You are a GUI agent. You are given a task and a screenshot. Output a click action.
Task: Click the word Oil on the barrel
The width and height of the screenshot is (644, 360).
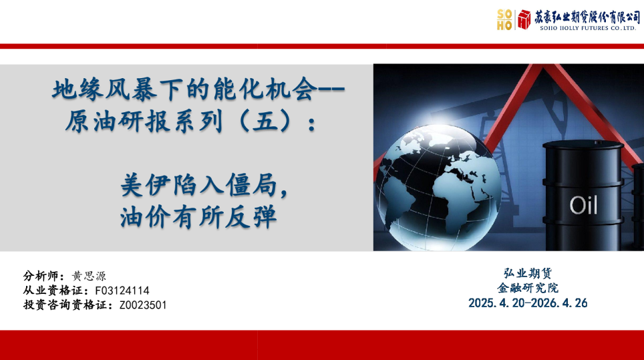click(x=583, y=205)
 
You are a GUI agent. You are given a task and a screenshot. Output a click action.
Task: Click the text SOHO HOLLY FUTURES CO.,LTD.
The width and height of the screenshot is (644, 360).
click(x=588, y=29)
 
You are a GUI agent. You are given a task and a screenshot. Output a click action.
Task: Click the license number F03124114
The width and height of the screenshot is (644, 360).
click(x=122, y=291)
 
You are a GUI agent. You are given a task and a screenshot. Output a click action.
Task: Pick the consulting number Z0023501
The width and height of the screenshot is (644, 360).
click(x=143, y=305)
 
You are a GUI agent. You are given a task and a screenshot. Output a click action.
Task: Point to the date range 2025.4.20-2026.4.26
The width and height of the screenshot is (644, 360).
click(x=528, y=303)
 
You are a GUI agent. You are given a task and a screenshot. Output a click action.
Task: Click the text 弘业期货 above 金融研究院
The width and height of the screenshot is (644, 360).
click(x=528, y=273)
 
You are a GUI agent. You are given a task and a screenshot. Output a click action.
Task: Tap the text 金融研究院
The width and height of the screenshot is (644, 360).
click(x=528, y=288)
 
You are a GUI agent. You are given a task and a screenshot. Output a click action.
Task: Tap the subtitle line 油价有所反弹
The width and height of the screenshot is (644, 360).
click(x=198, y=217)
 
